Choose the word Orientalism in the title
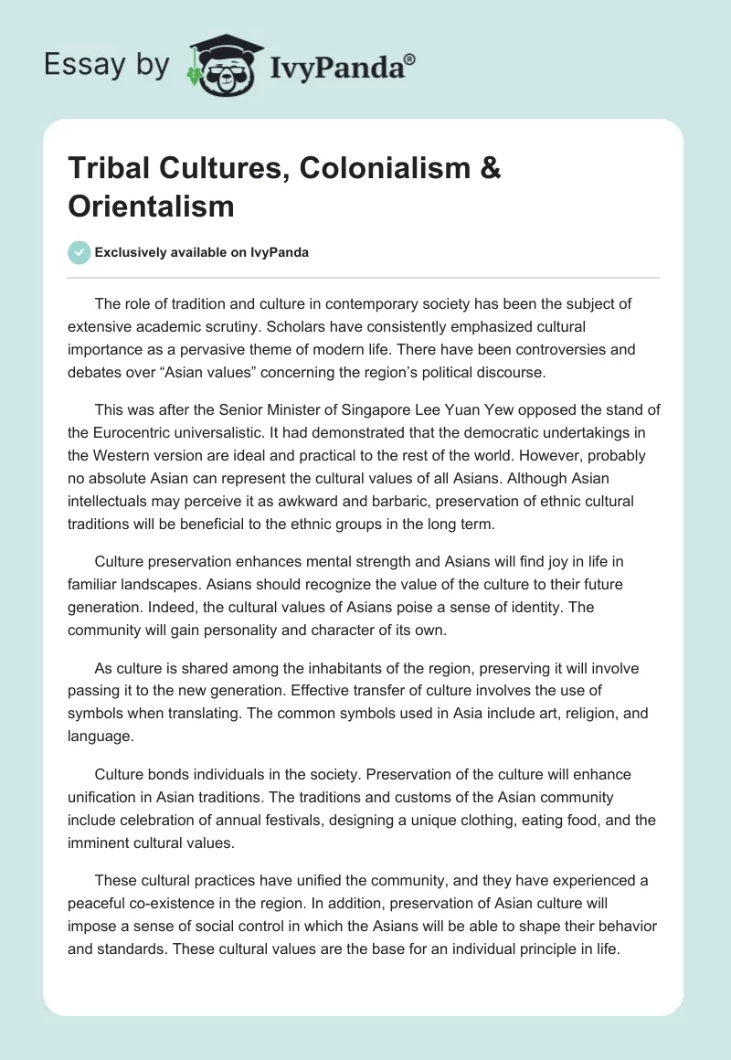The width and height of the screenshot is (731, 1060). pos(151,206)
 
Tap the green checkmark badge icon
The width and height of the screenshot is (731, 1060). pos(79,252)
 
